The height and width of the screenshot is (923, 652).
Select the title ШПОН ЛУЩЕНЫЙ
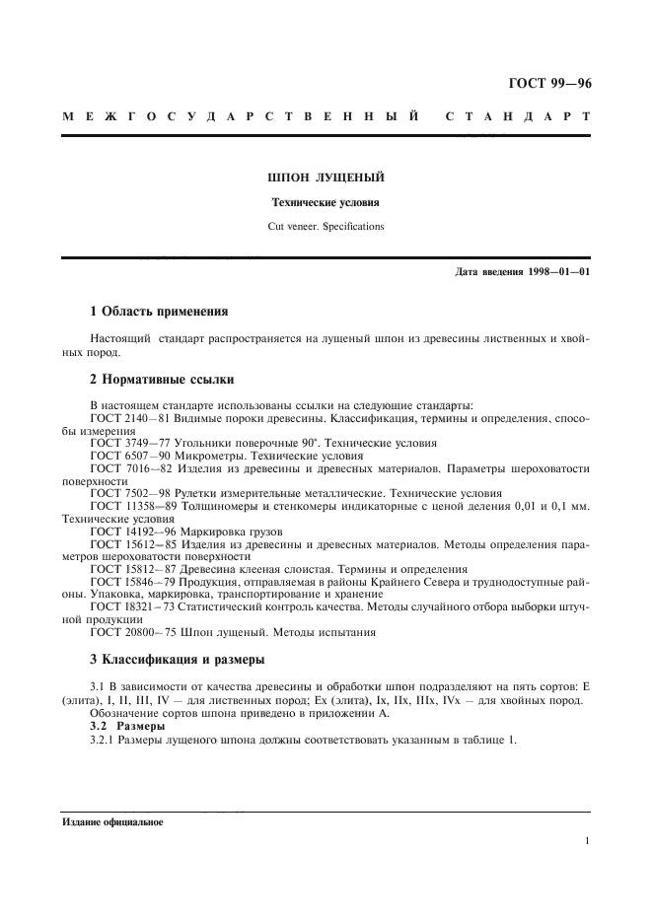326,178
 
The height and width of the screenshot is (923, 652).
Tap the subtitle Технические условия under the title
326,203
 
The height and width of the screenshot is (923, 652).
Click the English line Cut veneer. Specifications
326,226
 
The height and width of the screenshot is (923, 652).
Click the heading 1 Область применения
159,313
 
